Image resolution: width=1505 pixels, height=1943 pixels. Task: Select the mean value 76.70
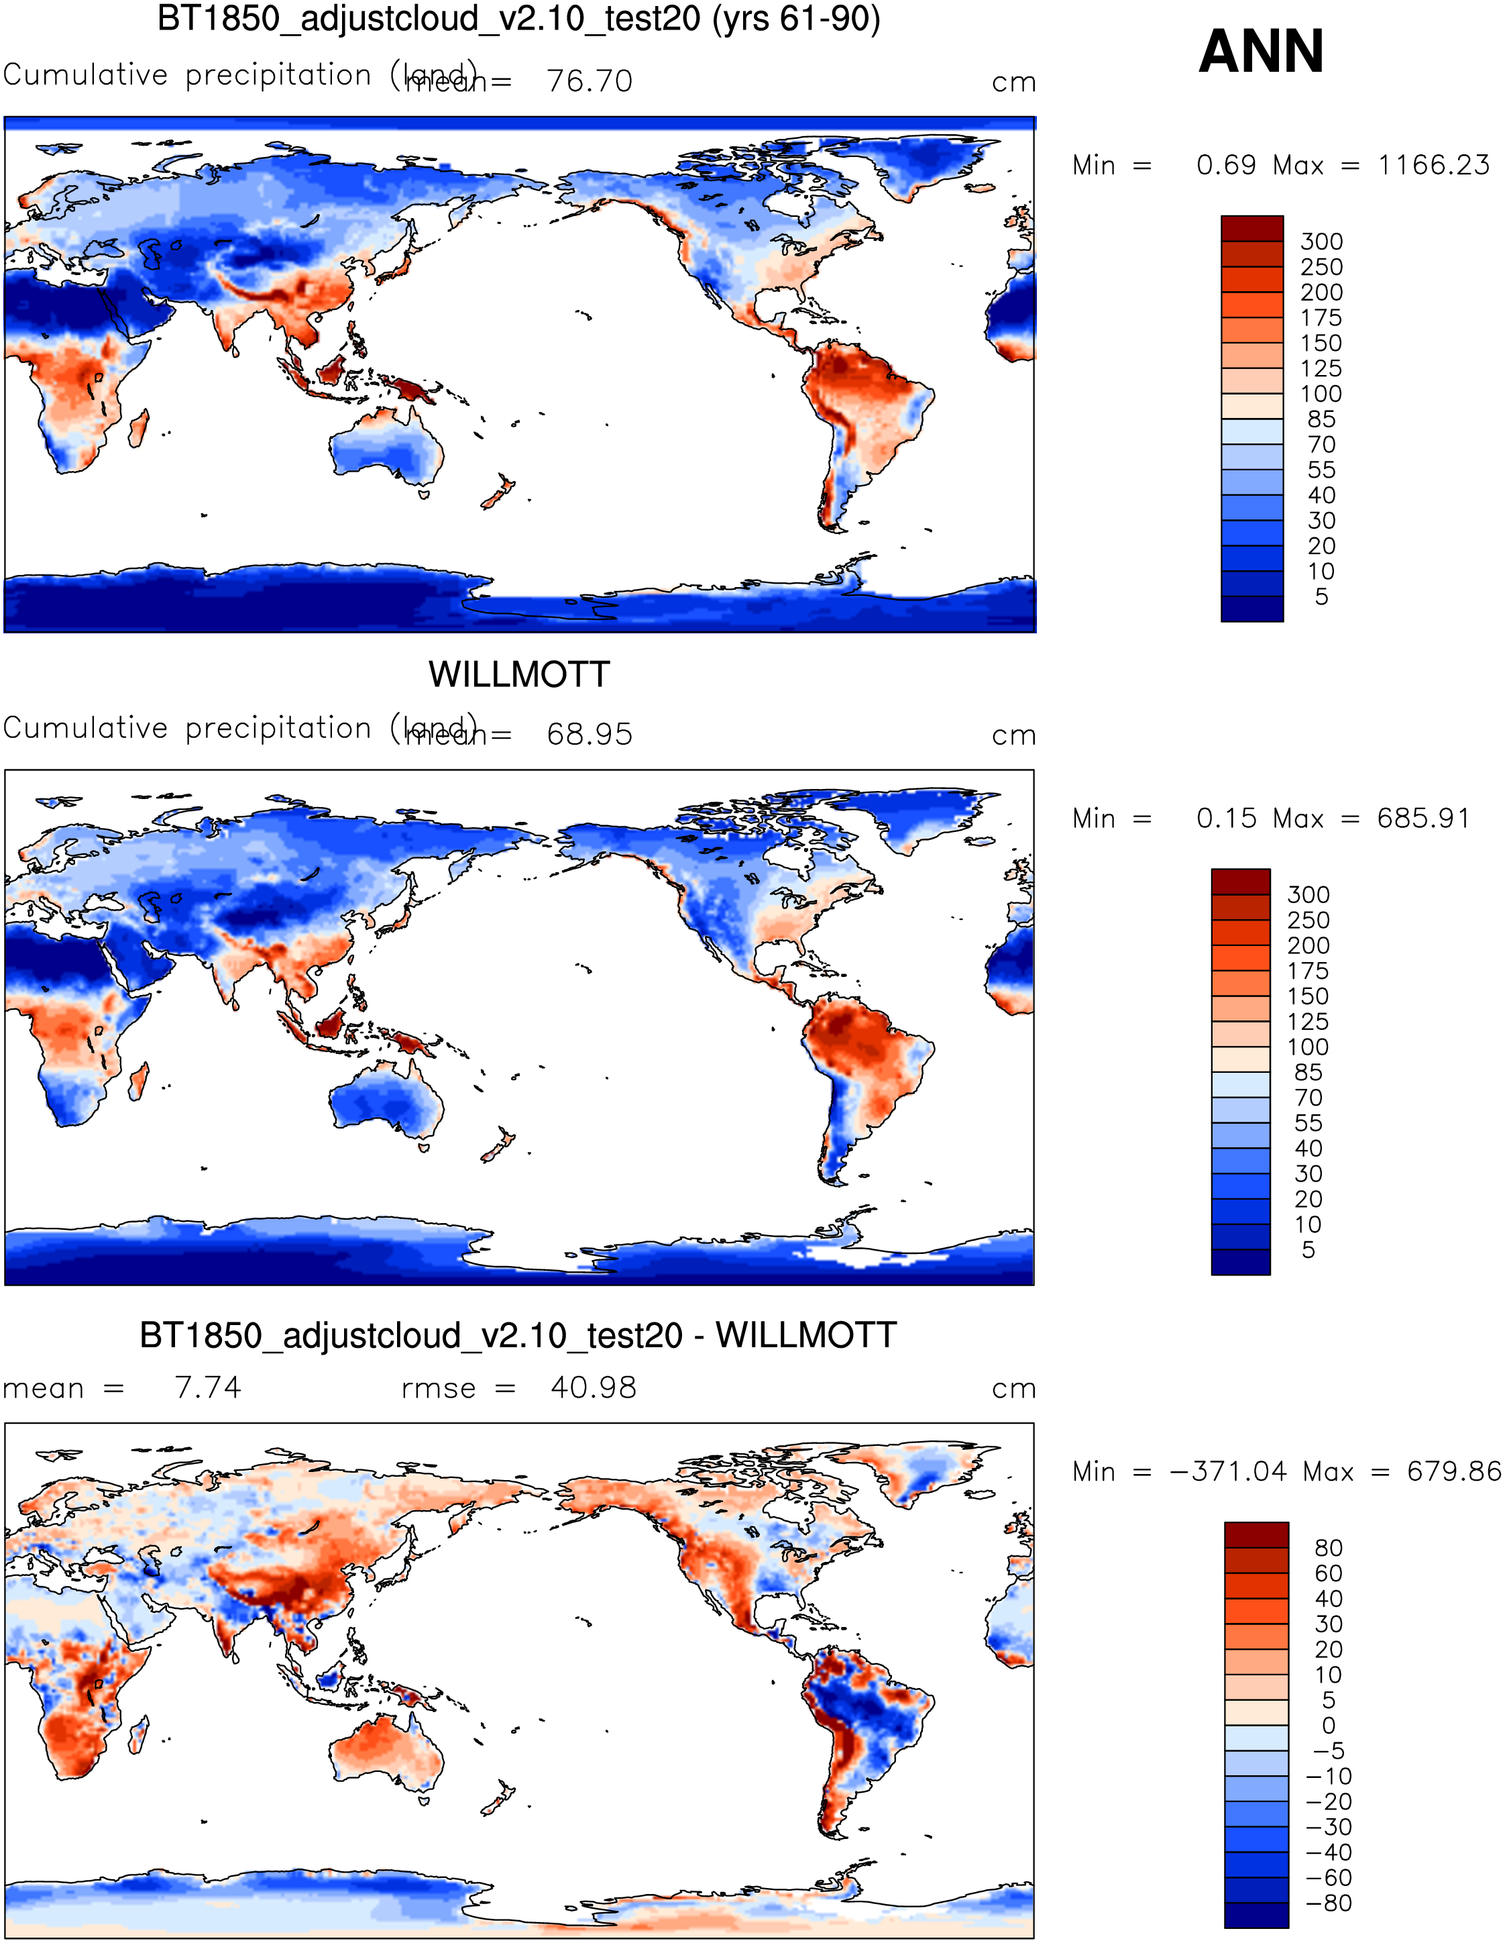[x=589, y=81]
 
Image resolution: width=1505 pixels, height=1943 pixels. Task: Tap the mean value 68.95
[x=589, y=734]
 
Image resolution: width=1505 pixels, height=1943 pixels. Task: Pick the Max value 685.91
[x=1423, y=818]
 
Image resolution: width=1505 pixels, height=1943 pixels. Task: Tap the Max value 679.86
[x=1453, y=1471]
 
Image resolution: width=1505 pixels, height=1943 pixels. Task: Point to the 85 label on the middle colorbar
[x=1308, y=1072]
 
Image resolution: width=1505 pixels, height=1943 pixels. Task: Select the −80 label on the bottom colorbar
[x=1328, y=1903]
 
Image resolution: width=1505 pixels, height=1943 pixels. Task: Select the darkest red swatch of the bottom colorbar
[x=1256, y=1534]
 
